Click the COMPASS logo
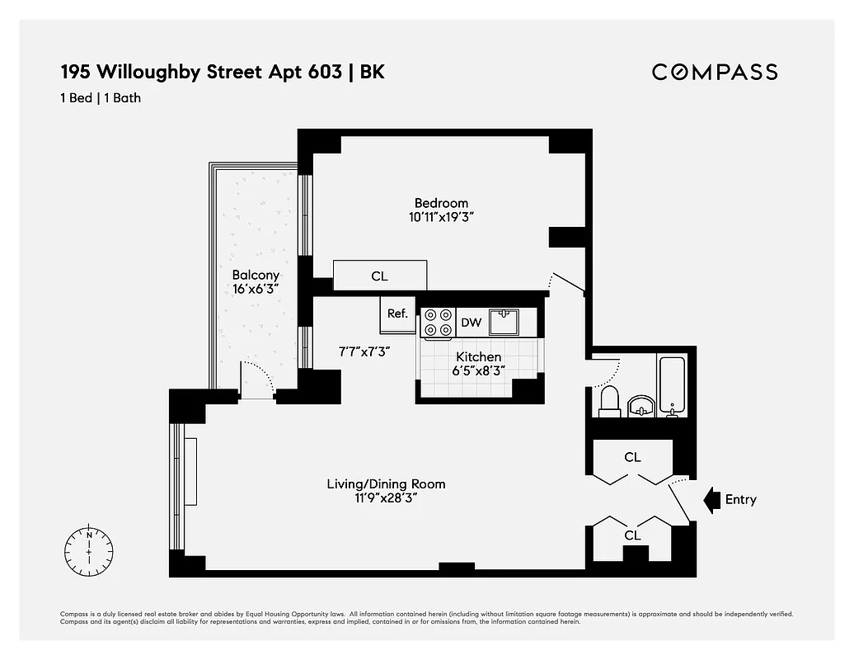(x=715, y=72)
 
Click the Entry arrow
(x=711, y=499)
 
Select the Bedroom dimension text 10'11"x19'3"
(x=441, y=218)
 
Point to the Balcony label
(x=256, y=275)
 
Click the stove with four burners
(x=439, y=323)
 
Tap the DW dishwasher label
(x=471, y=323)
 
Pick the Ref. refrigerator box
(x=398, y=313)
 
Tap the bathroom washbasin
(x=641, y=406)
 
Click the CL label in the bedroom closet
(x=379, y=276)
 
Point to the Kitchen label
(x=479, y=356)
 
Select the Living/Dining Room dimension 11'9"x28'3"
(x=386, y=498)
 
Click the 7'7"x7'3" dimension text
(x=364, y=351)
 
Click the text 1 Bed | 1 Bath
(x=101, y=98)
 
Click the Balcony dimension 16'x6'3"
(x=256, y=290)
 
